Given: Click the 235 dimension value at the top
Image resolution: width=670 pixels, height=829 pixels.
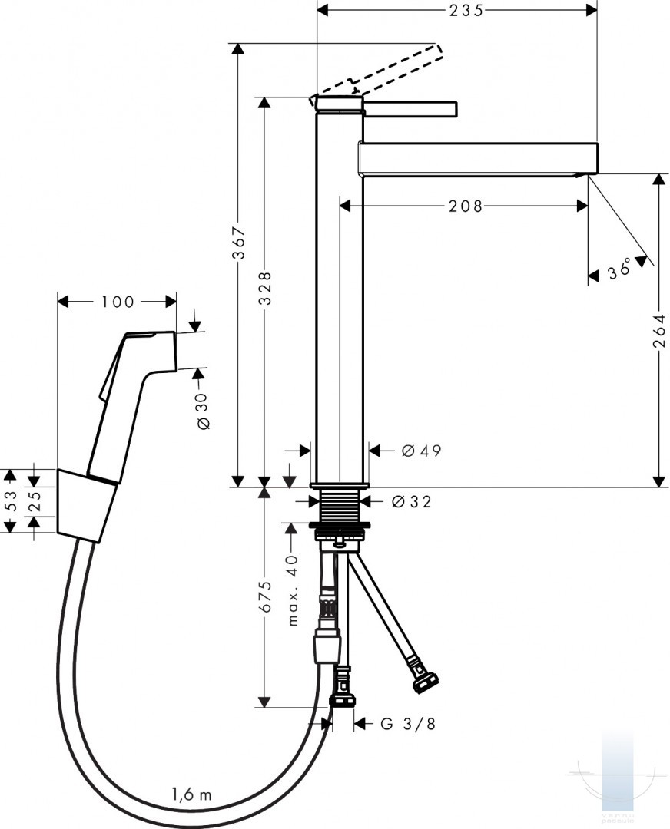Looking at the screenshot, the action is (x=466, y=11).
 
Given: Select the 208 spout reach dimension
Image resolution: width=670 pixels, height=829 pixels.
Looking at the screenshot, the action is (x=466, y=206).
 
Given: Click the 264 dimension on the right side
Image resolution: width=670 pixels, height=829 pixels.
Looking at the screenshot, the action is (x=658, y=332).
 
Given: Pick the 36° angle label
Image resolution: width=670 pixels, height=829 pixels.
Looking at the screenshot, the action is (x=619, y=269).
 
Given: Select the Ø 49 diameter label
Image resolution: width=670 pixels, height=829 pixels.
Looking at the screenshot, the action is (x=421, y=451).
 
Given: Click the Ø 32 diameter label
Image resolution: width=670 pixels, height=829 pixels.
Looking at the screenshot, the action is (x=412, y=501).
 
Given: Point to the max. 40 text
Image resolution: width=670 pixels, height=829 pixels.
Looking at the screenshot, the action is (x=293, y=590).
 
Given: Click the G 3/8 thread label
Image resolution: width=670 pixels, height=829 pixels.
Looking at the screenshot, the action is (x=408, y=723).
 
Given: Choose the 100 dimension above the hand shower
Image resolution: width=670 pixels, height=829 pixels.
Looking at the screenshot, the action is (x=118, y=302).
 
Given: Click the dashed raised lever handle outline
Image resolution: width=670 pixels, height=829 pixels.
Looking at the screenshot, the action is (x=376, y=72).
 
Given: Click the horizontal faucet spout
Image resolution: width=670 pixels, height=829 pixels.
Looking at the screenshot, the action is (x=479, y=158).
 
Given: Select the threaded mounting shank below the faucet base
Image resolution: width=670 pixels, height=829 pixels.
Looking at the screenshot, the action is (x=340, y=504).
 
